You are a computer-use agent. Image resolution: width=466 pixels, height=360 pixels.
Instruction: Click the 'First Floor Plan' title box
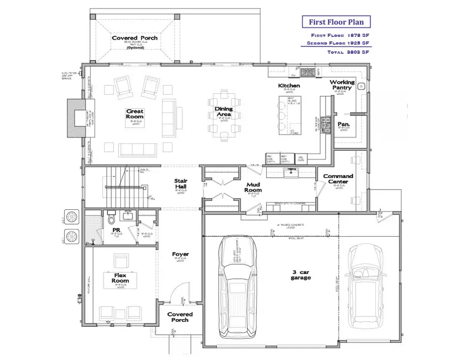pyautogui.click(x=336, y=22)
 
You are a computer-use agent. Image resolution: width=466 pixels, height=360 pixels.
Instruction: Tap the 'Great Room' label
pyautogui.click(x=135, y=114)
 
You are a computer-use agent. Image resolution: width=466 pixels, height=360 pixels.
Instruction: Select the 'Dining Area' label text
pyautogui.click(x=224, y=112)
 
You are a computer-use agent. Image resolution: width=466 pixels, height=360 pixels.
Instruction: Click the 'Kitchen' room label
pyautogui.click(x=289, y=85)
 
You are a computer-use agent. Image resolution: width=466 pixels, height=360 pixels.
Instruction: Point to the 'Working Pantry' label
pyautogui.click(x=342, y=85)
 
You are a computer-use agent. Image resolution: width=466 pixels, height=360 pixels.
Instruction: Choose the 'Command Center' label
pyautogui.click(x=338, y=179)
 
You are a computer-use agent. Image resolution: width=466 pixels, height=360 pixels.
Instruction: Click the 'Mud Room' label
pyautogui.click(x=254, y=187)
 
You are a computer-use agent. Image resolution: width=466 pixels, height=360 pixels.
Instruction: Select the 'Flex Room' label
pyautogui.click(x=120, y=278)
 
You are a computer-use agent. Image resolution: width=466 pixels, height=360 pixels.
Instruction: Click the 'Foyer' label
pyautogui.click(x=180, y=254)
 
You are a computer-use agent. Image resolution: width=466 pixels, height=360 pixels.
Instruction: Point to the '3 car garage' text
pyautogui.click(x=300, y=275)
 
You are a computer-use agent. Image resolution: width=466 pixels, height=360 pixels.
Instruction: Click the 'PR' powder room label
pyautogui.click(x=116, y=230)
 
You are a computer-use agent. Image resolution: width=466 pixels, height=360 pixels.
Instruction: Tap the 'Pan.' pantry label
pyautogui.click(x=343, y=124)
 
